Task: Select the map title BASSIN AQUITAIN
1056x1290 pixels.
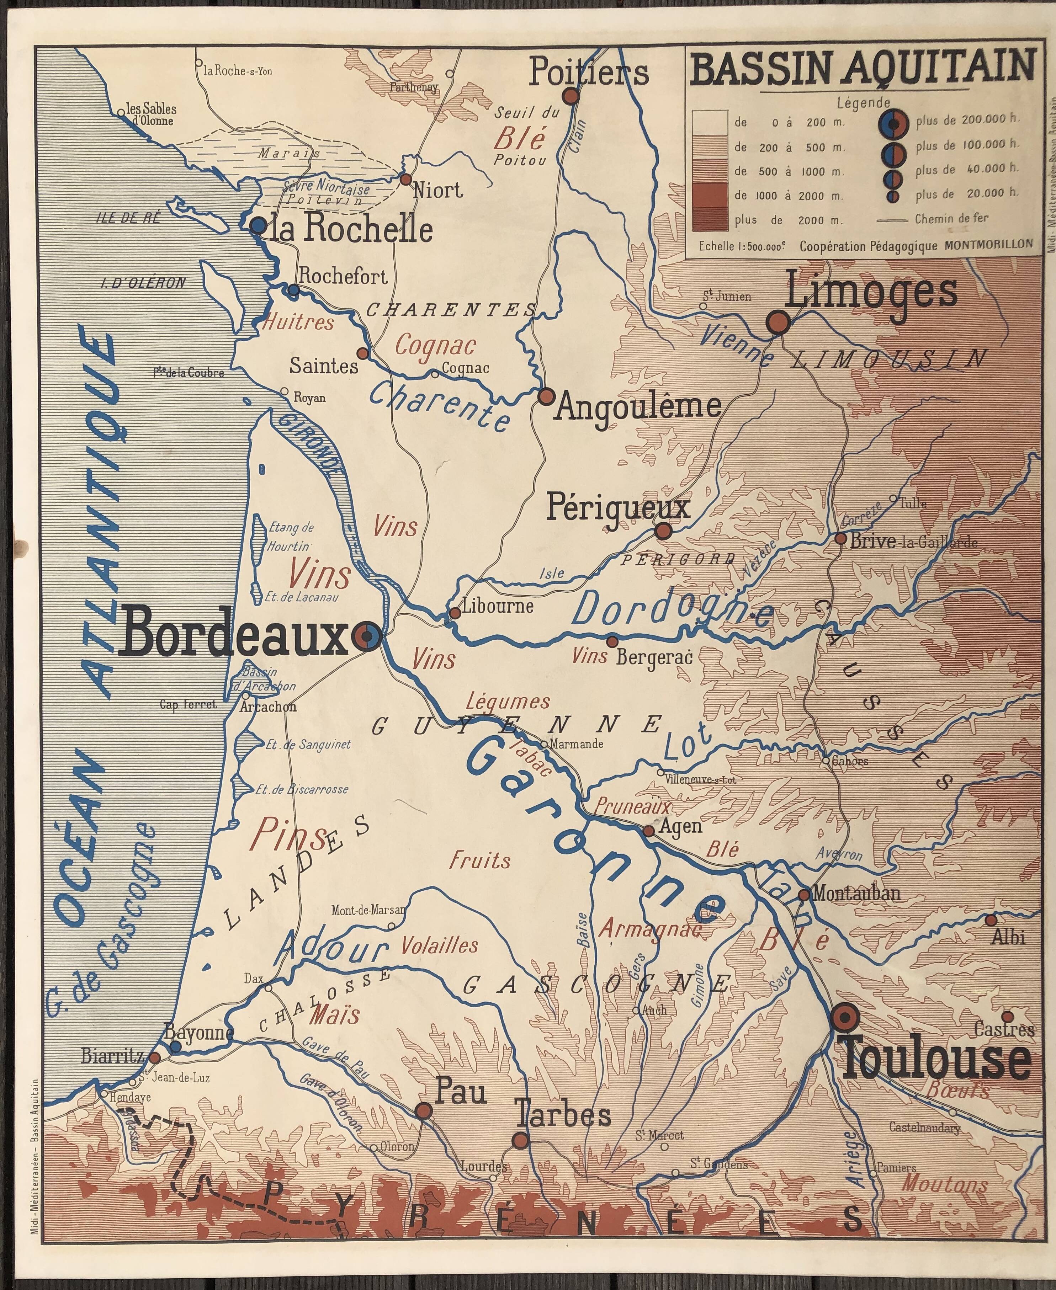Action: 862,68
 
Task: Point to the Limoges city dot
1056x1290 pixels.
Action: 778,322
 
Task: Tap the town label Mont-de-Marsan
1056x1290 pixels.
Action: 368,911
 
